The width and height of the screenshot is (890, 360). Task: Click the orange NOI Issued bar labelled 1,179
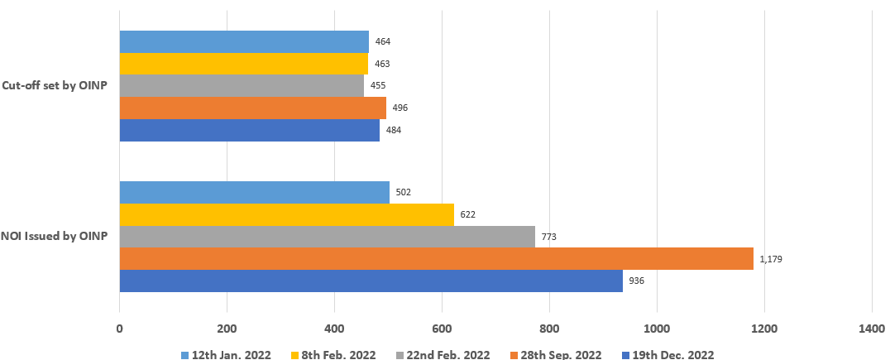coord(437,258)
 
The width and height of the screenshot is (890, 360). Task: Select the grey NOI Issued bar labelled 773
coord(328,237)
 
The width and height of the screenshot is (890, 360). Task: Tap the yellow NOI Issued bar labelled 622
coord(287,214)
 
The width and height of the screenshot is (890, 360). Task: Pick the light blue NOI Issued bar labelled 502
coord(255,192)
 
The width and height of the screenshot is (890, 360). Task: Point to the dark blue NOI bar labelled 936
coord(371,281)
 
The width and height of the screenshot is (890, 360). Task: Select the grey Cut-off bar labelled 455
coord(242,86)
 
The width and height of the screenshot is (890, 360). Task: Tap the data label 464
coord(383,41)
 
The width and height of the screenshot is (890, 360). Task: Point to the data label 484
coord(394,131)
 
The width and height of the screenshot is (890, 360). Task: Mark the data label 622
coord(468,215)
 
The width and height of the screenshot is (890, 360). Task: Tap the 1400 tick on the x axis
coord(871,328)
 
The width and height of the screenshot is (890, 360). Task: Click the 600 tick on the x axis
coord(442,328)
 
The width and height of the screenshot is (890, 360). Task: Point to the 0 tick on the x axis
coord(120,328)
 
